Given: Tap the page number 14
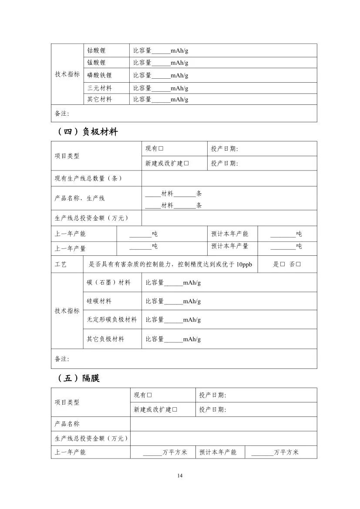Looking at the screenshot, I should [180, 475].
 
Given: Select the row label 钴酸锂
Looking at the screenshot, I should [96, 50].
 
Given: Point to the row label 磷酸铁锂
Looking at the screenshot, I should [99, 75].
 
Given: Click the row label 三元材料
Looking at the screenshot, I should [99, 88].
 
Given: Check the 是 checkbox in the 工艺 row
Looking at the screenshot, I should [283, 264].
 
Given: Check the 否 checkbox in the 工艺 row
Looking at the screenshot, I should [299, 264].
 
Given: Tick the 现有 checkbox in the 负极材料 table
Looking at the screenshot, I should [161, 149].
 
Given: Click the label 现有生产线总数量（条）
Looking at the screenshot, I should [88, 178].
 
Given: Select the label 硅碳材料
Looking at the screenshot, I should [99, 301].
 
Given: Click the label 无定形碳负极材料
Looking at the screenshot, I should [112, 319].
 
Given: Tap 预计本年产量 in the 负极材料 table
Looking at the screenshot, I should [230, 246].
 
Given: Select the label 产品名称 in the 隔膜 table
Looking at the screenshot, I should [67, 424].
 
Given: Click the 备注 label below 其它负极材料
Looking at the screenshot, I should [62, 359].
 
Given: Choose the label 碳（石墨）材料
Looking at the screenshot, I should [108, 282].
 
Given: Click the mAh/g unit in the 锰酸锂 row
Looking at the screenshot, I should [179, 63].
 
